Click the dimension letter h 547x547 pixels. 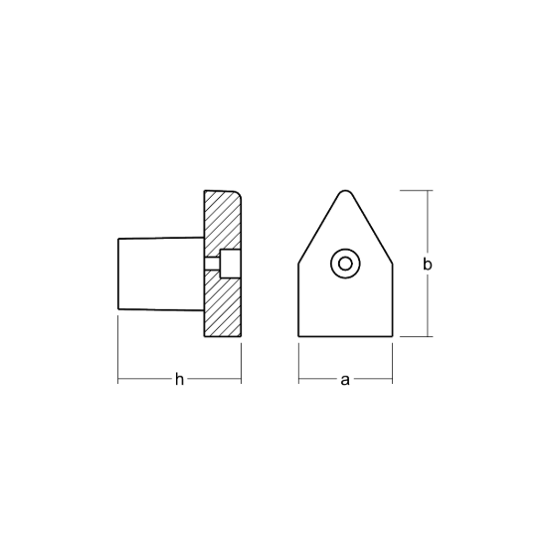click(179, 379)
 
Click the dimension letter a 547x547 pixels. click(345, 380)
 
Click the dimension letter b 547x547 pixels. click(428, 265)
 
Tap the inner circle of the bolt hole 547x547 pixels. click(345, 264)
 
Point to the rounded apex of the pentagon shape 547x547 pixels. click(345, 192)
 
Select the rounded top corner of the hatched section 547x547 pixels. click(238, 194)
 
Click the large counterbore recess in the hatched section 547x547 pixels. click(231, 264)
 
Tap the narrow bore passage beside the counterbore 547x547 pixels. click(212, 264)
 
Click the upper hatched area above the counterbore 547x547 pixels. click(222, 220)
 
